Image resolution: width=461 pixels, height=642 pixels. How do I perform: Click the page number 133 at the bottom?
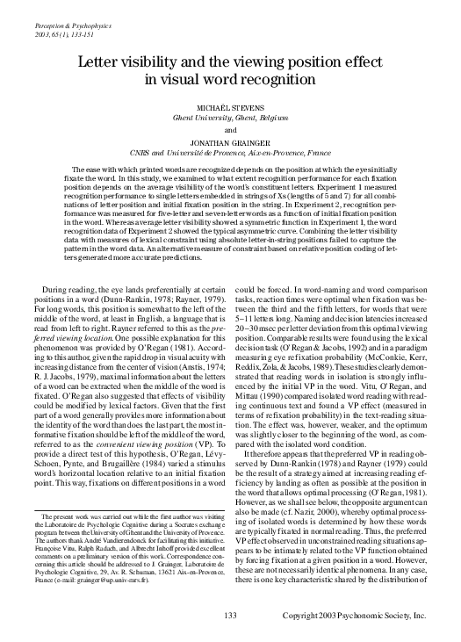click(231, 615)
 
